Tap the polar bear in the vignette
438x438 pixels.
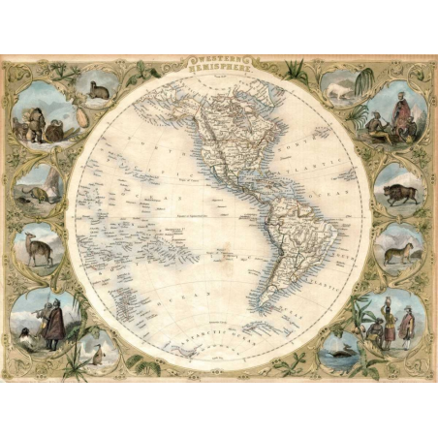(x=338, y=90)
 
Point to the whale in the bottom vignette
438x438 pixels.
(x=341, y=348)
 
